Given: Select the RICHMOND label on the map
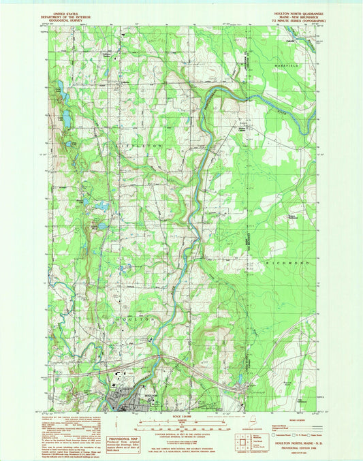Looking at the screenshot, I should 289,262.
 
